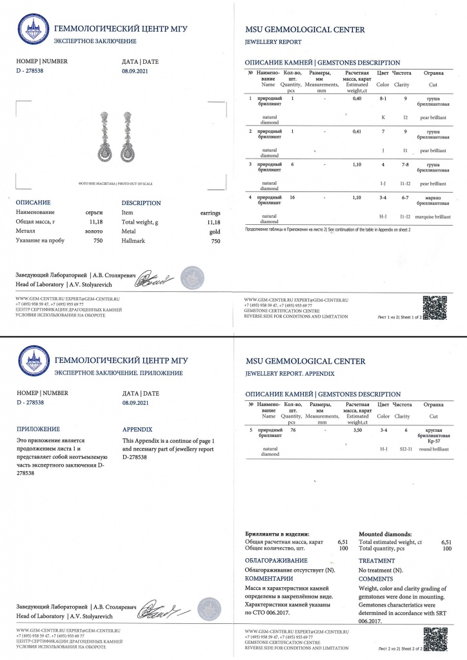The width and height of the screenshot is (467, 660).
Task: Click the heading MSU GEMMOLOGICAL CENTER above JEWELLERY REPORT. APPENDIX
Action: [305, 361]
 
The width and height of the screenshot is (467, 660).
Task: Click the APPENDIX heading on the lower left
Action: [137, 428]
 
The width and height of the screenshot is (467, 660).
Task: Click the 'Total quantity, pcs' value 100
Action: [446, 550]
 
